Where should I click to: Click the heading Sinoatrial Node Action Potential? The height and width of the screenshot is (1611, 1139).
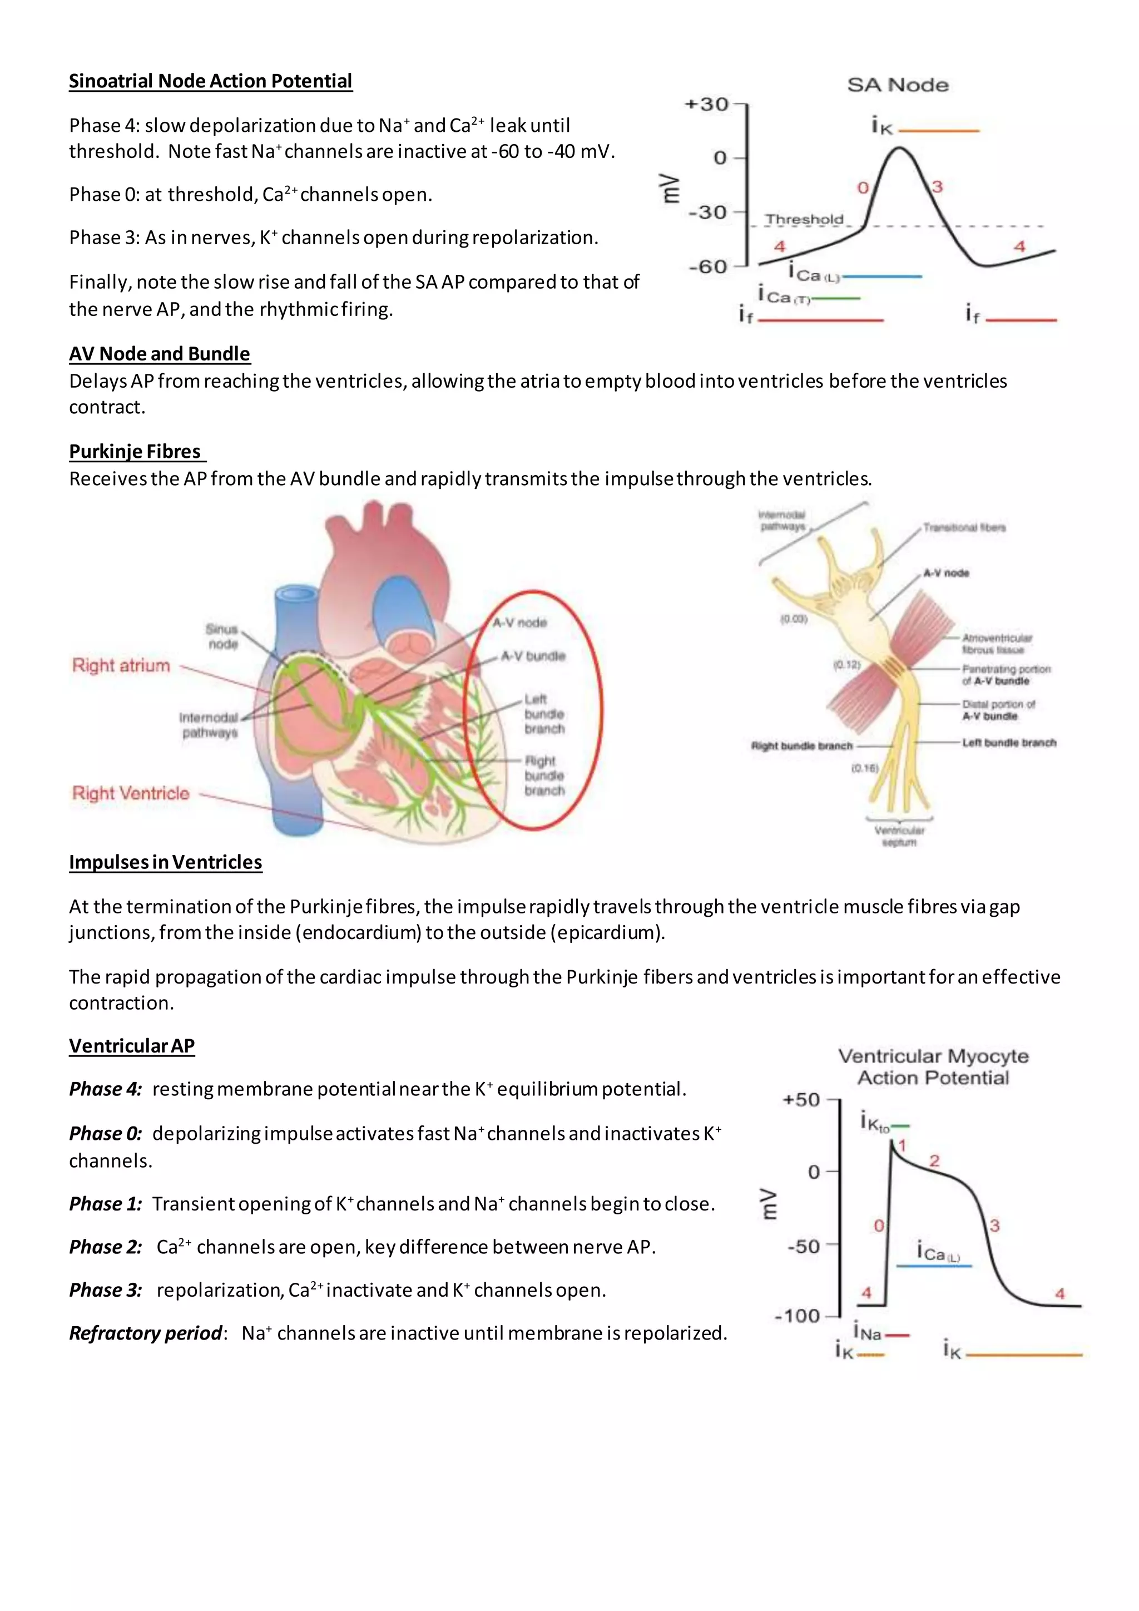click(210, 81)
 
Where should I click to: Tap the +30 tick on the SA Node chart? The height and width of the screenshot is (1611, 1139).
click(707, 105)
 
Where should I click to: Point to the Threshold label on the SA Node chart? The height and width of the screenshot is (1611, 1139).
click(804, 220)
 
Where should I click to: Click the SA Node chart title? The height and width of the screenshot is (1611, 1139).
click(898, 86)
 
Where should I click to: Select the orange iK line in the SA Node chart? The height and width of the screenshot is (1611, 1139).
click(938, 131)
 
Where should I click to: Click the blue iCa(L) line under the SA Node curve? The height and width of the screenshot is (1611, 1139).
click(881, 276)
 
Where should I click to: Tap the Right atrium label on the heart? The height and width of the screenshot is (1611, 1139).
click(121, 665)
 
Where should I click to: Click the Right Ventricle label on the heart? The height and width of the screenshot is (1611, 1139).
click(131, 794)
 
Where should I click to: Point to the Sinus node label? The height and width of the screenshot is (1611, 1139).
click(222, 636)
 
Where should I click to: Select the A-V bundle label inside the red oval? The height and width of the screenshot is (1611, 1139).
click(532, 656)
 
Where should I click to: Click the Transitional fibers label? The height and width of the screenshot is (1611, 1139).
click(964, 528)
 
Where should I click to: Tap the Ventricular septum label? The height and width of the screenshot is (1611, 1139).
click(899, 836)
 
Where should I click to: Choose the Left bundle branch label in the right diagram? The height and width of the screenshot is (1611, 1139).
click(1008, 742)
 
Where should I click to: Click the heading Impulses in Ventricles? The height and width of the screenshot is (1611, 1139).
click(166, 862)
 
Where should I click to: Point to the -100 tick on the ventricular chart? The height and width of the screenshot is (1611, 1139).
click(798, 1316)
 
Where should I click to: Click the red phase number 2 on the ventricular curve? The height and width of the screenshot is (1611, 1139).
click(934, 1160)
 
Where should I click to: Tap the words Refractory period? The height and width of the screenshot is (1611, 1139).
click(146, 1333)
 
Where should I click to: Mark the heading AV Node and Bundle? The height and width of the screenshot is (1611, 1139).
click(159, 354)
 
